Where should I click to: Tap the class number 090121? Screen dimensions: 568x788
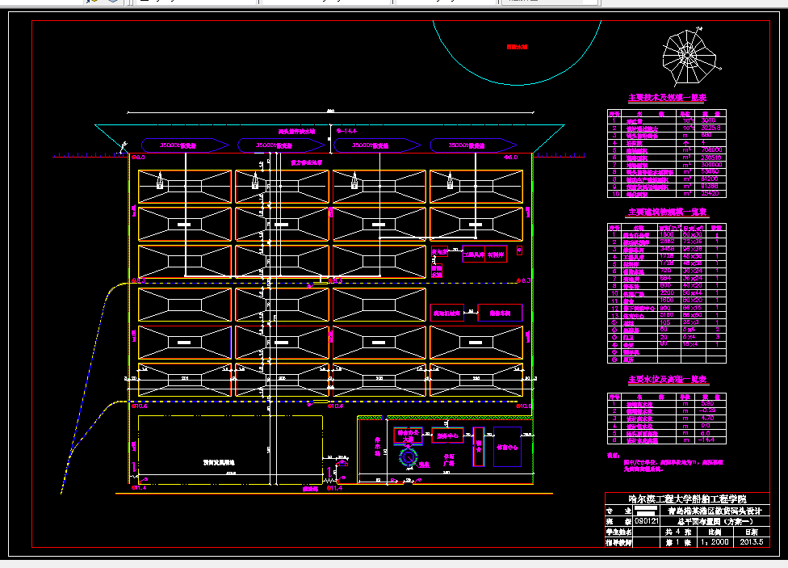click(646, 522)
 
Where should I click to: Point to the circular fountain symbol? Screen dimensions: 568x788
click(409, 458)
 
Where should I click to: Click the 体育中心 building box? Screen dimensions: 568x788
click(508, 446)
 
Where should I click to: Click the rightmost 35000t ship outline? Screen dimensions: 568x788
click(472, 145)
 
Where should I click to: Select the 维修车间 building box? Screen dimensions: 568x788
click(500, 313)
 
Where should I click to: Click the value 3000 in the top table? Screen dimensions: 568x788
click(710, 120)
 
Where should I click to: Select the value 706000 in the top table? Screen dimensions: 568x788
click(711, 150)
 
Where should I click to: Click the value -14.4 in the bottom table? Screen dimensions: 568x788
click(711, 440)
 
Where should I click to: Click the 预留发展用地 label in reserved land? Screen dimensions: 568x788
click(218, 463)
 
